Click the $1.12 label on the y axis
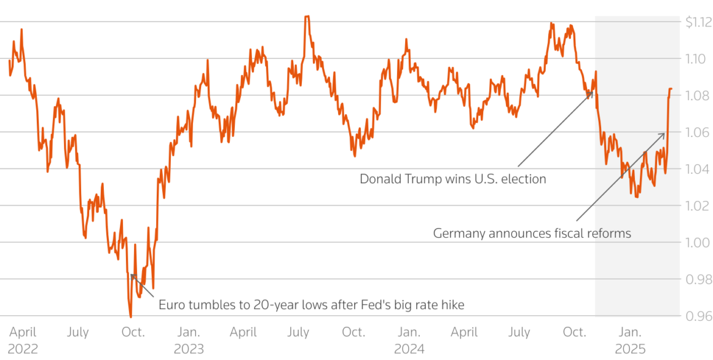click(x=699, y=22)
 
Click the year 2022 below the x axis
click(x=23, y=348)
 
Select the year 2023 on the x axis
click(x=188, y=348)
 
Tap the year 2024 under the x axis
click(x=409, y=348)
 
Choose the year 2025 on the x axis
click(x=630, y=348)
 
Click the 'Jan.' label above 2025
click(x=630, y=332)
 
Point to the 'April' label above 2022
click(x=23, y=332)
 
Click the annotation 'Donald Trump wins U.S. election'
click(x=453, y=179)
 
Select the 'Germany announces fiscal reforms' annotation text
click(x=532, y=233)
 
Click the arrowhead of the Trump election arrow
click(x=591, y=92)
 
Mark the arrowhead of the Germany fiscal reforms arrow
click(x=664, y=133)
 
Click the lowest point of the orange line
click(x=130, y=316)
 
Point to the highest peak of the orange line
click(x=307, y=17)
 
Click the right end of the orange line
click(x=672, y=89)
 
